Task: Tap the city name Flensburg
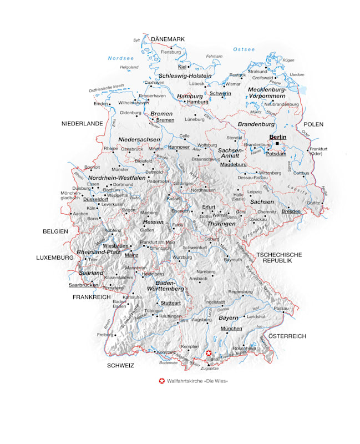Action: coord(171,52)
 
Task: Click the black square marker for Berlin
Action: coord(277,144)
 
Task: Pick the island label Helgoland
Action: coord(129,67)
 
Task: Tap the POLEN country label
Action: coord(313,124)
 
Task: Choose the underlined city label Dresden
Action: coord(291,211)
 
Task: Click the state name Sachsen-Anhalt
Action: coord(230,153)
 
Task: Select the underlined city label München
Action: coord(231,329)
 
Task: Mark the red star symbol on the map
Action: coord(209,353)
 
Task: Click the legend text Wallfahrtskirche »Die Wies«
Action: coord(197,381)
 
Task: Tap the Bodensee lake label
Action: coord(168,363)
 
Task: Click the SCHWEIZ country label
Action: coord(121,366)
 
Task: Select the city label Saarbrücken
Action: coord(83,285)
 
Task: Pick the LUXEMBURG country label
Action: coord(55,258)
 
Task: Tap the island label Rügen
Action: coord(288,60)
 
